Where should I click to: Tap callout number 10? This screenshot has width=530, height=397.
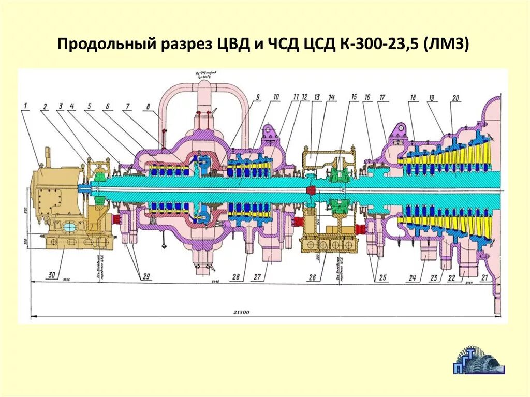[x=276, y=97]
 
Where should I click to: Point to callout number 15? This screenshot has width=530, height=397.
[x=354, y=97]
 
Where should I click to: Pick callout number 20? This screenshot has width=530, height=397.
[x=455, y=98]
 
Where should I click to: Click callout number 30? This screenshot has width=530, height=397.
[x=52, y=276]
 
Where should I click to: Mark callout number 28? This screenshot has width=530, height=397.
[x=236, y=277]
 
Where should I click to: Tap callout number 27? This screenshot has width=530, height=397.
[x=257, y=277]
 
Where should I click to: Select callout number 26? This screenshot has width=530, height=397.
[x=312, y=277]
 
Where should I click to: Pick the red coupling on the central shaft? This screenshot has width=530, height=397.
[x=312, y=191]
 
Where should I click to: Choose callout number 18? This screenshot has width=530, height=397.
[x=413, y=97]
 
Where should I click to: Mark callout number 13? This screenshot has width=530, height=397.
[x=317, y=97]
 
